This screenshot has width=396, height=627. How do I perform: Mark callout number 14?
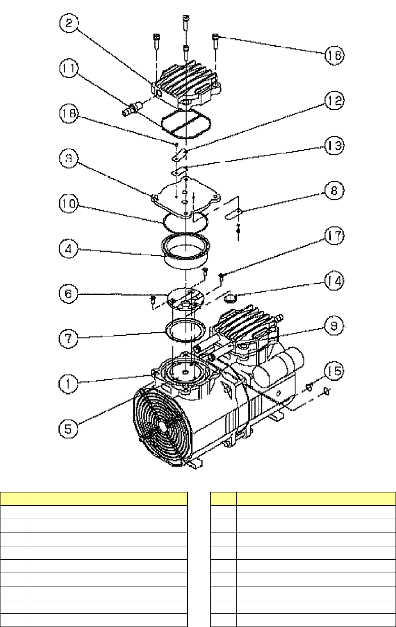333,280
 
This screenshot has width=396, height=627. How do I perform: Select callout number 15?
333,371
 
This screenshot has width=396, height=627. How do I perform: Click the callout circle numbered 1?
68,382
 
